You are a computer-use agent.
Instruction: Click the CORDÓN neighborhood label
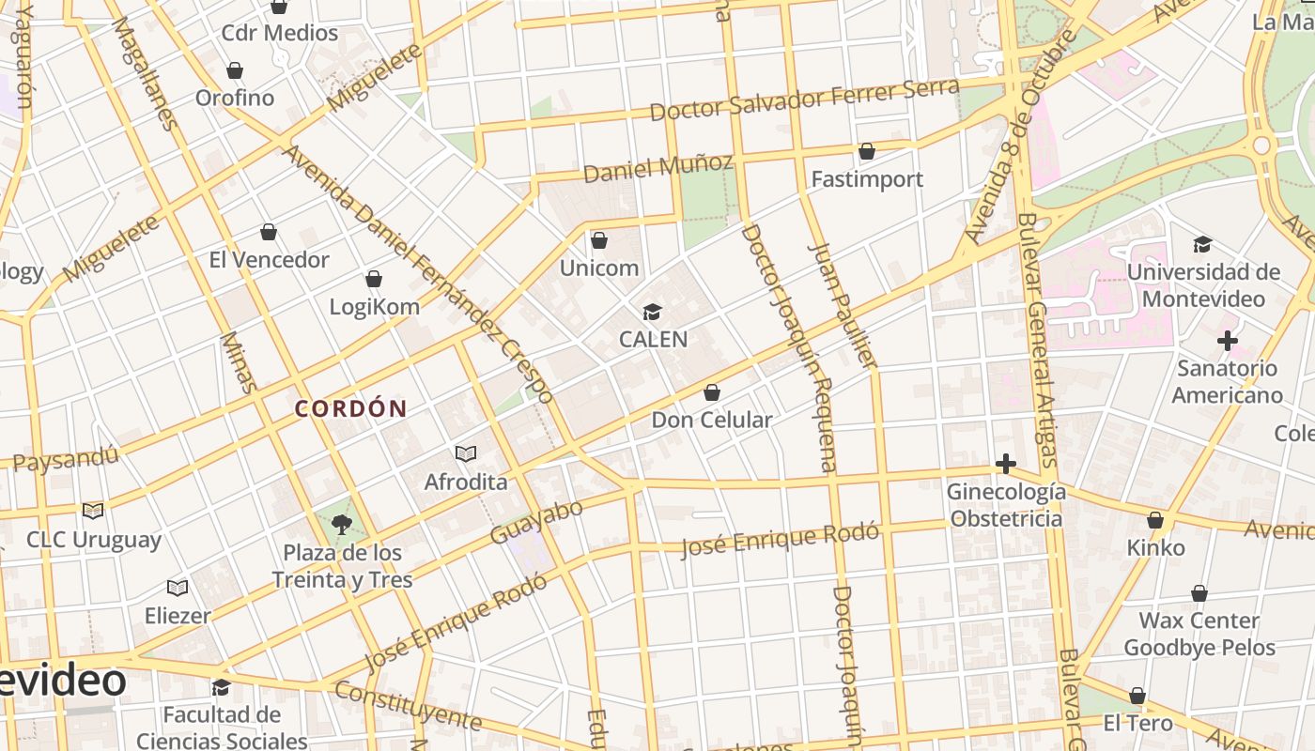pyautogui.click(x=350, y=408)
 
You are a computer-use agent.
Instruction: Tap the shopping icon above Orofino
pyautogui.click(x=235, y=70)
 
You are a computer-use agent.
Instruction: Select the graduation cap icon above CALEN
pyautogui.click(x=652, y=312)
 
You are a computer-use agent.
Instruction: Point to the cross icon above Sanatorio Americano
pyautogui.click(x=1227, y=341)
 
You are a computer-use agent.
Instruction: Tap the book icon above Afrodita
pyautogui.click(x=466, y=454)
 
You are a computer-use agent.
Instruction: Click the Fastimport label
pyautogui.click(x=867, y=178)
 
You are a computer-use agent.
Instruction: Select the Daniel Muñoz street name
pyautogui.click(x=657, y=168)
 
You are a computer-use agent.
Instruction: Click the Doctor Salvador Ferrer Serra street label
pyautogui.click(x=804, y=99)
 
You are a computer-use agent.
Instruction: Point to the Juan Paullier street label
pyautogui.click(x=843, y=305)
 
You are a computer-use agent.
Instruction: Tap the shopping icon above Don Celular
pyautogui.click(x=712, y=392)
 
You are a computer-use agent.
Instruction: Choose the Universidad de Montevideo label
pyautogui.click(x=1203, y=285)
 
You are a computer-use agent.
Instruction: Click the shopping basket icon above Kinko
pyautogui.click(x=1155, y=520)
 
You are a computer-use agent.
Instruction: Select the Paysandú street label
pyautogui.click(x=66, y=458)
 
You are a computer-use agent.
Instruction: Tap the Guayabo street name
pyautogui.click(x=536, y=522)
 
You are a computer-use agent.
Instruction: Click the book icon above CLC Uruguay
pyautogui.click(x=92, y=512)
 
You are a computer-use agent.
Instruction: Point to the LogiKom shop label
pyautogui.click(x=374, y=306)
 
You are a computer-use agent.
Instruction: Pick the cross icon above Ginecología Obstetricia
pyautogui.click(x=1005, y=464)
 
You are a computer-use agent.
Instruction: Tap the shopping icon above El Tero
pyautogui.click(x=1137, y=697)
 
